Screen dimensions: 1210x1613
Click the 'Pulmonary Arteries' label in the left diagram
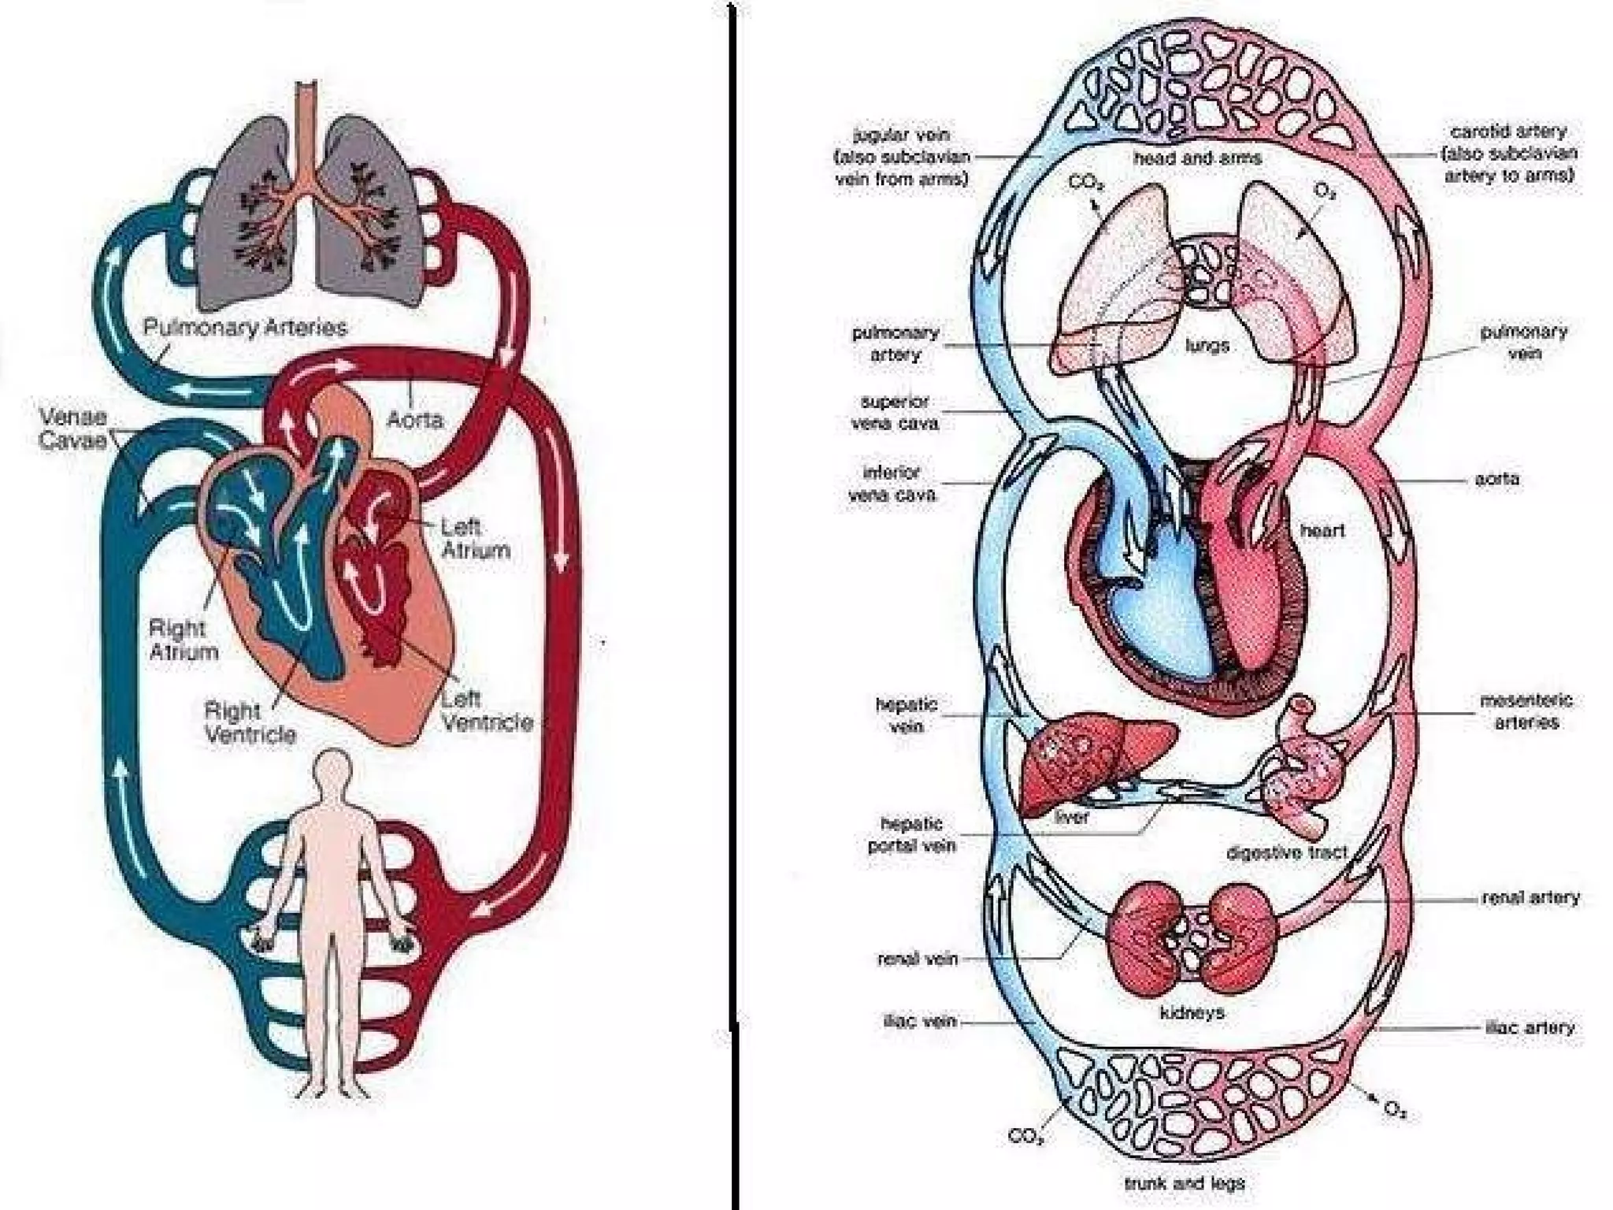[x=245, y=328]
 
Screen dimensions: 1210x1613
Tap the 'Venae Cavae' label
[x=73, y=429]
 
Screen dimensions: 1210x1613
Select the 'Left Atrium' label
[x=475, y=539]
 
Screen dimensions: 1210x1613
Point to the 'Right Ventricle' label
[x=250, y=722]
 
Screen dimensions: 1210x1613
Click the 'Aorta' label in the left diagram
[x=414, y=419]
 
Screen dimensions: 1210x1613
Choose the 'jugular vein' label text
[x=902, y=135]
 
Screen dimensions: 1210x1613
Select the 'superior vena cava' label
[x=895, y=412]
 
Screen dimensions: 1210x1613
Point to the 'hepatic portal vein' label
[x=911, y=835]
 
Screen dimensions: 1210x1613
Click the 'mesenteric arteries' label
[x=1526, y=711]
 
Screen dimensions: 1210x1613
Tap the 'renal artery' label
[x=1530, y=897]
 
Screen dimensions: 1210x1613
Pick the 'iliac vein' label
[x=919, y=1022]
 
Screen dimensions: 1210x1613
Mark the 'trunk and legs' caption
[x=1184, y=1183]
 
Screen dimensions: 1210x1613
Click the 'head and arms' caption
[x=1197, y=158]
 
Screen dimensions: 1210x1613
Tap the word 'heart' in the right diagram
[x=1322, y=530]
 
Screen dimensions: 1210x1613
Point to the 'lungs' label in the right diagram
[x=1207, y=346]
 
